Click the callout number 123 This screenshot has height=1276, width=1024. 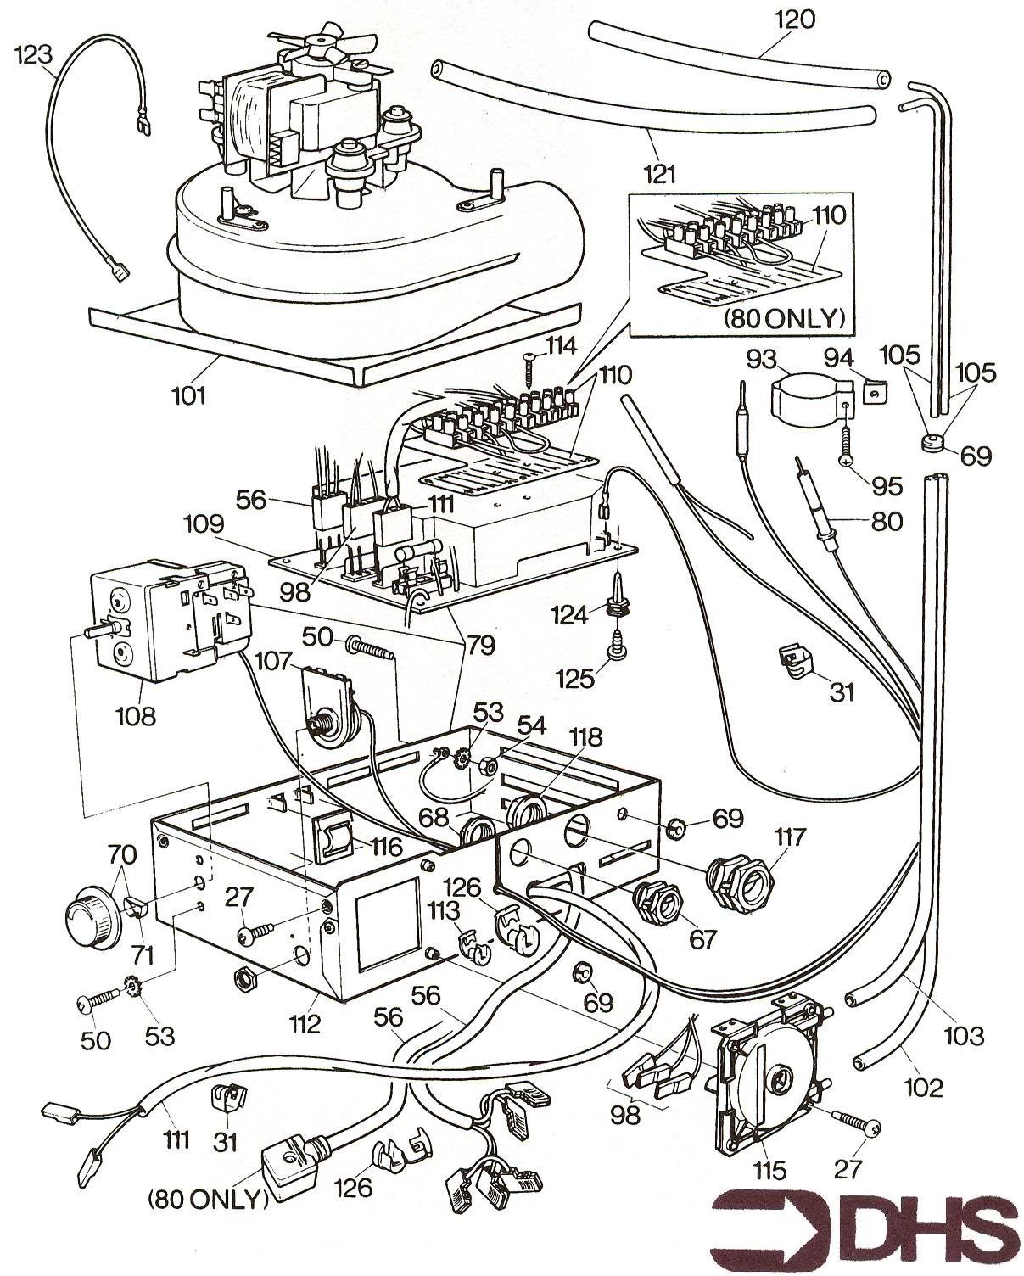coord(34,55)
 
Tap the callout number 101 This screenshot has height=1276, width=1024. coord(189,395)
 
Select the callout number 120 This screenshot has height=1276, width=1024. coord(794,19)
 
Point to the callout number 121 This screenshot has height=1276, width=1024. coord(659,175)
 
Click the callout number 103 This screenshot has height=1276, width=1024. coord(964,1034)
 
